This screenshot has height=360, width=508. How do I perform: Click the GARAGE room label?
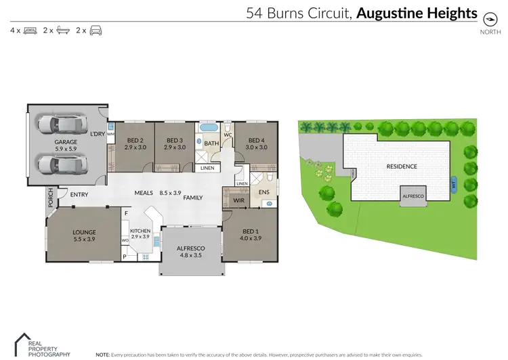click(x=66, y=142)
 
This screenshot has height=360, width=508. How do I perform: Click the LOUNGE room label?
click(x=85, y=232)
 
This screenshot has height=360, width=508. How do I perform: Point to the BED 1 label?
click(x=250, y=232)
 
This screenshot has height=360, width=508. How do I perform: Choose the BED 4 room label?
click(x=256, y=140)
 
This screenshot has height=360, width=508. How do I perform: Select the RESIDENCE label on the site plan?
click(x=402, y=166)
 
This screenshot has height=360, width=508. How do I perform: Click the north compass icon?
click(x=486, y=20)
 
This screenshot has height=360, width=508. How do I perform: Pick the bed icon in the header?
click(x=30, y=31)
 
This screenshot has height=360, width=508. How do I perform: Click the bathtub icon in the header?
click(x=63, y=31)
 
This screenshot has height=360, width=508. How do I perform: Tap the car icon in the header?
click(x=96, y=31)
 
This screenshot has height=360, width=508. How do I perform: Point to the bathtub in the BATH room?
click(x=209, y=127)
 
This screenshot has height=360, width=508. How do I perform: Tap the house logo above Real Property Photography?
click(x=24, y=340)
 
